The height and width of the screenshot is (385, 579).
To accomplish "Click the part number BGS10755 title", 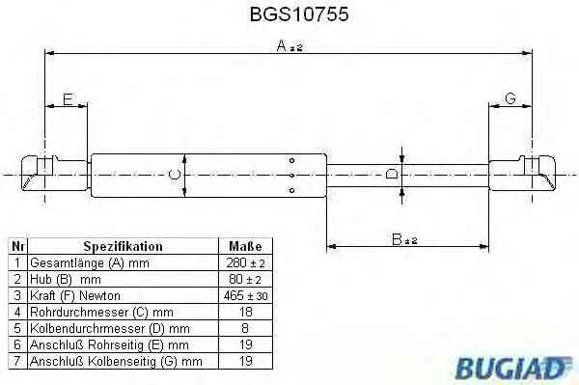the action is [x=299, y=14].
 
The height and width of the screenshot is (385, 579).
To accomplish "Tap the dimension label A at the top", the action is [x=289, y=46].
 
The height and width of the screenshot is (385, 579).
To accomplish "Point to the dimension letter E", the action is [x=68, y=99].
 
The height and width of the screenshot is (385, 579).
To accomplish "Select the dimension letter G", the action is [x=510, y=98].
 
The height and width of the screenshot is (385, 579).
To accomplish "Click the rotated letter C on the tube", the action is [x=175, y=175].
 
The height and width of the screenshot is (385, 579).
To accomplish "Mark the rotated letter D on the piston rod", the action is [x=392, y=174].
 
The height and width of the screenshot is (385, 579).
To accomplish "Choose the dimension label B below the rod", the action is [x=404, y=239].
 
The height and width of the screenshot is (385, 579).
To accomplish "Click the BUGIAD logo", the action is [x=513, y=368].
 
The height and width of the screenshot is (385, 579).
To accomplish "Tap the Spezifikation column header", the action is [x=123, y=246].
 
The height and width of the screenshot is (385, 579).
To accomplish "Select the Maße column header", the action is [x=245, y=246].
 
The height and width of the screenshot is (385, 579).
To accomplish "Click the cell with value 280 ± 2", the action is [x=245, y=262].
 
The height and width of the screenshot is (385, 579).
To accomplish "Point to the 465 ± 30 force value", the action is [x=245, y=295].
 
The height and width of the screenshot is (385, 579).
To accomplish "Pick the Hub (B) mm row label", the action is [x=66, y=279].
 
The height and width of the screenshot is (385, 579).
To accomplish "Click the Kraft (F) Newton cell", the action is [x=75, y=295].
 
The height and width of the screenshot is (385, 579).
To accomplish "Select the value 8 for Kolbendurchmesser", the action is [x=245, y=328].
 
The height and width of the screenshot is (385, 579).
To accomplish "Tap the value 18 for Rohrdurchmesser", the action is [x=245, y=312].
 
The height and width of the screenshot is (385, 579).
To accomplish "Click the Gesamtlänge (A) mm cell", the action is [x=90, y=262].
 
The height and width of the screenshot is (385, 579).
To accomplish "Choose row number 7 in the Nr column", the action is [x=17, y=361].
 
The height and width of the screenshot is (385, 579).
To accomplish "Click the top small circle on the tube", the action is [x=291, y=160].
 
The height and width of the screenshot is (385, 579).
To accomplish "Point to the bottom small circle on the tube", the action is [x=291, y=190].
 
